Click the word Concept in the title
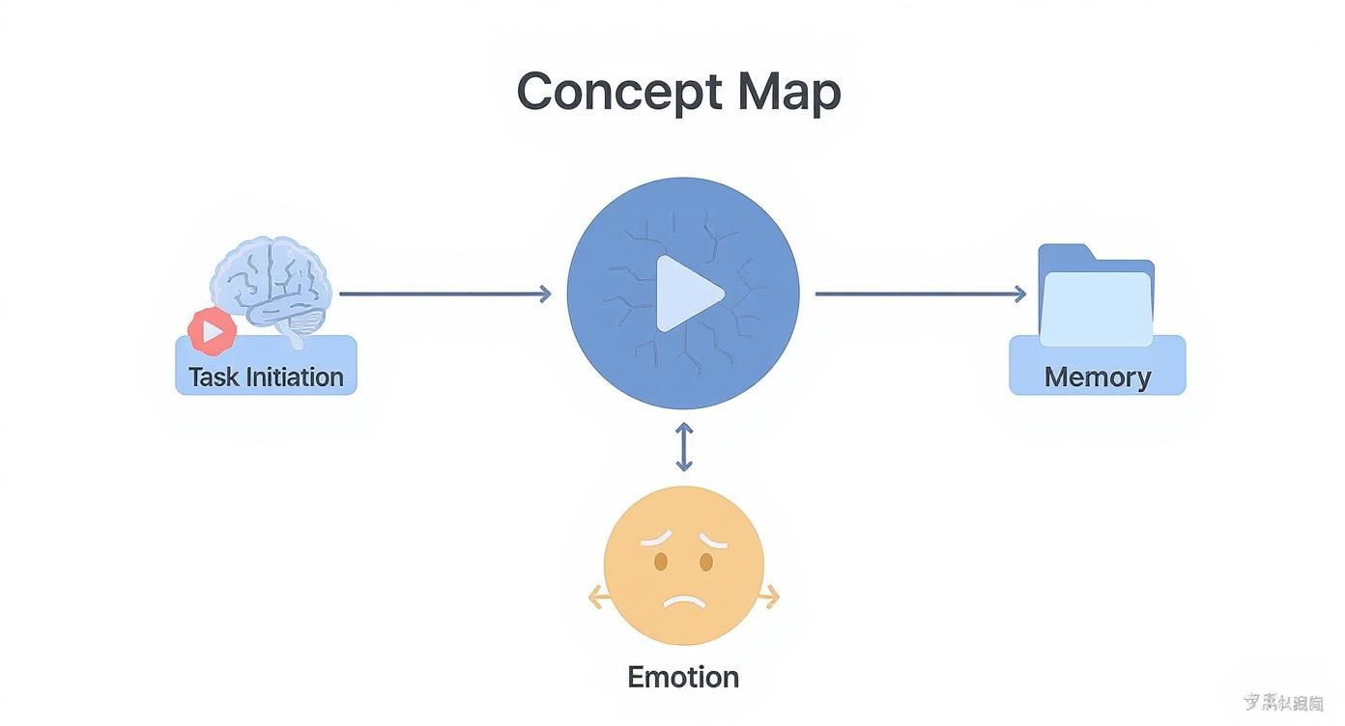tap(618, 93)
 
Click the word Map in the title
tap(788, 93)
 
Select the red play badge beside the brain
tap(213, 331)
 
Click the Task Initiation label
tap(266, 377)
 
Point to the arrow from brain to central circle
tap(444, 293)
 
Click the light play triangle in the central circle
tap(687, 293)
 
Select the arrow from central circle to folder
tap(920, 293)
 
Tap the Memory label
tap(1097, 377)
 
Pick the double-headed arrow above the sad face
tap(684, 447)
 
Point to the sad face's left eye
tap(661, 561)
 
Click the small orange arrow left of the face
tap(597, 599)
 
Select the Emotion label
tap(683, 676)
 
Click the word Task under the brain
tap(213, 377)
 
